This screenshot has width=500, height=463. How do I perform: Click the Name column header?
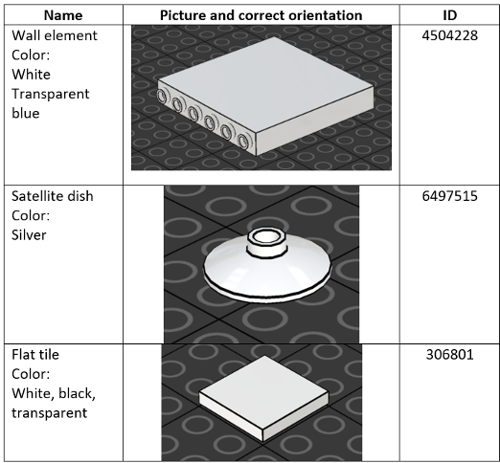click(x=63, y=15)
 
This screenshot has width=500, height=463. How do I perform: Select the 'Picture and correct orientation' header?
click(x=261, y=15)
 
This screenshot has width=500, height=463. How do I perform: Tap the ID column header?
click(x=449, y=15)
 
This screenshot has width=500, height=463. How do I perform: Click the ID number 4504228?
click(x=449, y=35)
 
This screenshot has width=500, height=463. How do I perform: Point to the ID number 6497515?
click(x=449, y=196)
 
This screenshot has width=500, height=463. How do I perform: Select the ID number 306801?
click(x=449, y=354)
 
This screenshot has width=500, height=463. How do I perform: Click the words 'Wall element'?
click(x=55, y=35)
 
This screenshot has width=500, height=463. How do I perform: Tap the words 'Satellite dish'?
click(x=53, y=196)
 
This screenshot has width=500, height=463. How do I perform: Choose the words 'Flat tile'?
click(x=35, y=354)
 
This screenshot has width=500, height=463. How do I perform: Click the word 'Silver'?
click(x=29, y=235)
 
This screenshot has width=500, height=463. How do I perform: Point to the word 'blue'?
click(x=26, y=113)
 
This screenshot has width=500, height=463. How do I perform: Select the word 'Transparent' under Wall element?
click(x=51, y=94)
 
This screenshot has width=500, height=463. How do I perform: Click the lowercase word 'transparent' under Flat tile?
click(x=50, y=413)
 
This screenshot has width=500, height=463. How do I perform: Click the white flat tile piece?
click(x=263, y=399)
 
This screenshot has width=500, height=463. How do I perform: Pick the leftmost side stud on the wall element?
click(x=162, y=96)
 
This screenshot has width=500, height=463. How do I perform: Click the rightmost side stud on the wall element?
click(x=243, y=141)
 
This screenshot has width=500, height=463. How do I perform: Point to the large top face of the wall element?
click(x=265, y=85)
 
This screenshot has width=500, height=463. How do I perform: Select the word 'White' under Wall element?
click(x=31, y=75)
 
